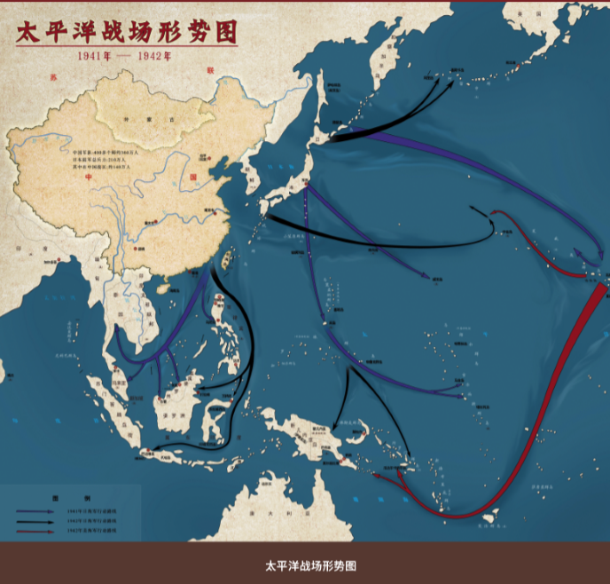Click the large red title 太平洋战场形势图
click(127, 32)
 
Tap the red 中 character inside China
click(89, 177)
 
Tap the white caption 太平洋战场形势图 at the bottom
click(304, 564)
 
